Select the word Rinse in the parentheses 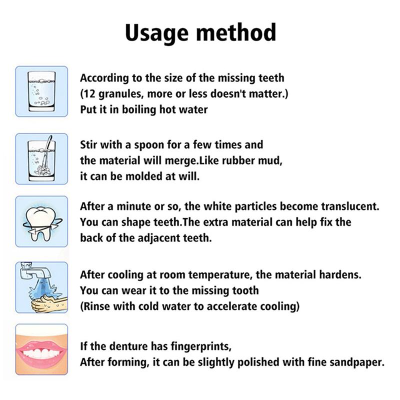pyautogui.click(x=97, y=306)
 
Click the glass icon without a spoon pyautogui.click(x=41, y=91)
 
